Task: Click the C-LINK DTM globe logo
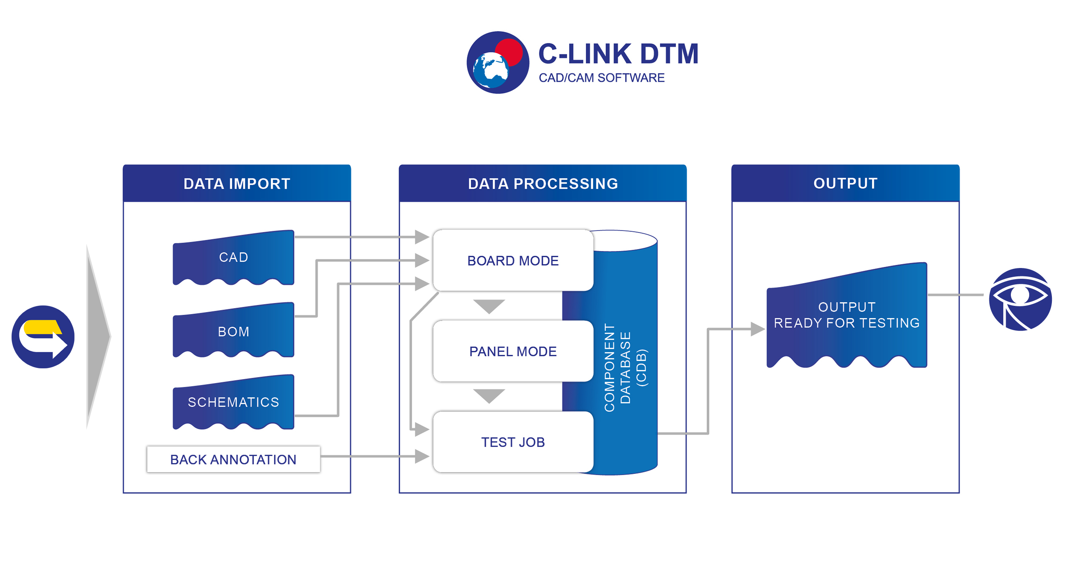coord(498,63)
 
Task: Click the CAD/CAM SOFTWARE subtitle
coord(601,78)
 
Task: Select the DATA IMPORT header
coord(237,183)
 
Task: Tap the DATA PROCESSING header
coord(543,183)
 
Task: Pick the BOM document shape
coord(233,330)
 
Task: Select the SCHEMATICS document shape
coord(233,402)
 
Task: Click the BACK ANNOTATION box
coord(233,459)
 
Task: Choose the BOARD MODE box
coord(513,260)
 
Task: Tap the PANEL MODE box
coord(513,351)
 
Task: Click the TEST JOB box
coord(513,442)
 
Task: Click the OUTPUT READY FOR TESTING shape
coord(847,315)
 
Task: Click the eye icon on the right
coord(1020,299)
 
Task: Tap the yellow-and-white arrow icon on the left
coord(43,337)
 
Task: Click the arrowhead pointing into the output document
coord(758,329)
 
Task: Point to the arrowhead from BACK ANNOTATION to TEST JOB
coord(422,456)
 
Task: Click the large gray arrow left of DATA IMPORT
coord(98,337)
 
